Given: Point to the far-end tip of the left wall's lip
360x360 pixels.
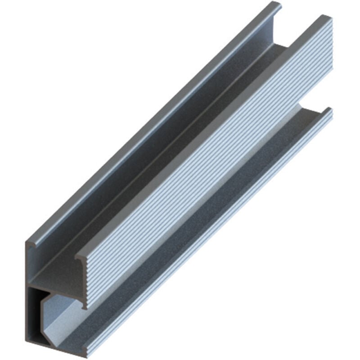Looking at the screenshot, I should pyautogui.click(x=277, y=5).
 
